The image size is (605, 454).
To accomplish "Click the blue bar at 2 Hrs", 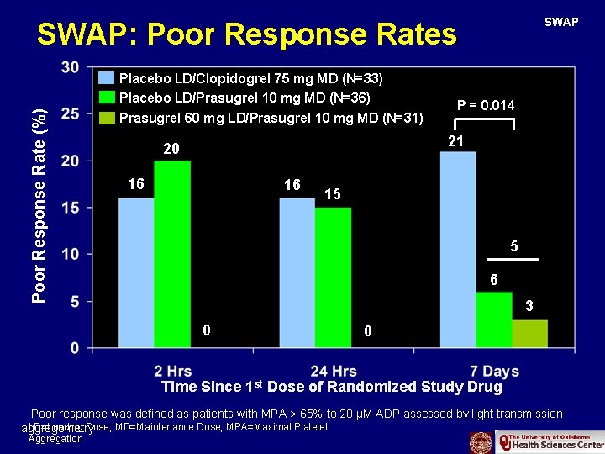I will [136, 272].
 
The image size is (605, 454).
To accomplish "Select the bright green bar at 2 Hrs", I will [172, 254].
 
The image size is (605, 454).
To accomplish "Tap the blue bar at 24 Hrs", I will [297, 272].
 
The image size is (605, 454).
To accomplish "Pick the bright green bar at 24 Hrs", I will [333, 277].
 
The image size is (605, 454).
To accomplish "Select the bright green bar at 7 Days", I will [494, 319].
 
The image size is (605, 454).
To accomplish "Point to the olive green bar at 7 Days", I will [529, 334].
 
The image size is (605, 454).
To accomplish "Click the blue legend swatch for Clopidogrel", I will [108, 79].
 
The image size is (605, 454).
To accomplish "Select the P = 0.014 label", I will [486, 105].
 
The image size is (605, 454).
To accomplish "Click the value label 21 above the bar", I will [456, 141].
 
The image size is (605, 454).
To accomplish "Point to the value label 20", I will [171, 150].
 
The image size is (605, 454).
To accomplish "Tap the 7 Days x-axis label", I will [490, 372].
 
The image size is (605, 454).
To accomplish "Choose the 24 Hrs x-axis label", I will [333, 372].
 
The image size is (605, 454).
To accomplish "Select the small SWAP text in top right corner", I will [561, 22].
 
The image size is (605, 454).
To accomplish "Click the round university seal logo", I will [481, 441].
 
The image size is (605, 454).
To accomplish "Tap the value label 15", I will [333, 194].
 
